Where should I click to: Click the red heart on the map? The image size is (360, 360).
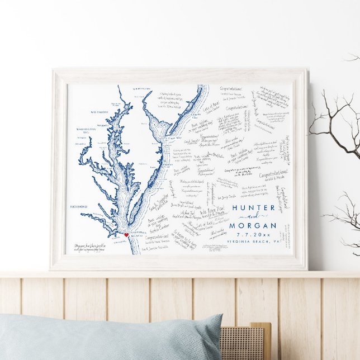126,235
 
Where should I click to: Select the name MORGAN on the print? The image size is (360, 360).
253,225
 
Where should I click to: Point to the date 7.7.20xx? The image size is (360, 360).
253,235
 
